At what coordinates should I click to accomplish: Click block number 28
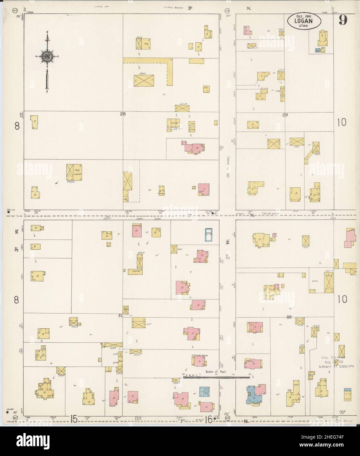[x=123, y=114]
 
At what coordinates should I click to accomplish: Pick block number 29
[x=285, y=115]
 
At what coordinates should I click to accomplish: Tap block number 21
[x=120, y=316]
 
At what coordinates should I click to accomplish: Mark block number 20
[x=289, y=317]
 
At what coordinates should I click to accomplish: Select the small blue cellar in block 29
[x=317, y=50]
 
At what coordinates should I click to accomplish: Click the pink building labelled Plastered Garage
[x=200, y=361]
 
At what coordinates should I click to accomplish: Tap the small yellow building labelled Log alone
[x=206, y=88]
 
